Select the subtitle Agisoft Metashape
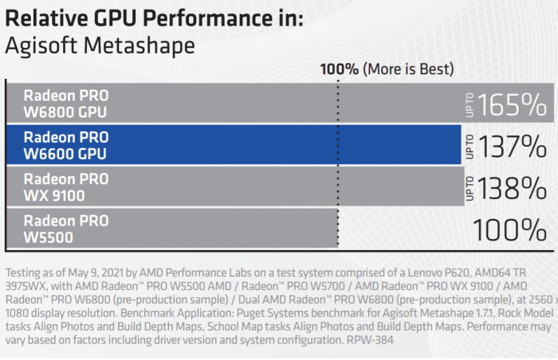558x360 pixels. [x=100, y=45]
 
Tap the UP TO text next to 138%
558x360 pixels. [x=469, y=188]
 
